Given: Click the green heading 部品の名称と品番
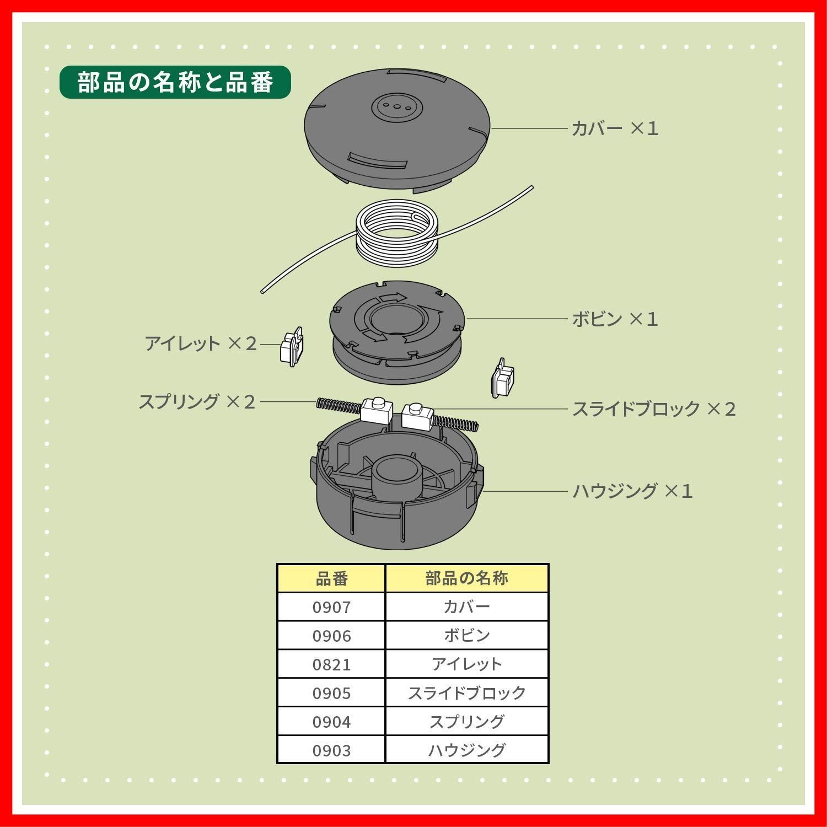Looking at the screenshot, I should (175, 82).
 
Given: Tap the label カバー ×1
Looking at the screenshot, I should (614, 128).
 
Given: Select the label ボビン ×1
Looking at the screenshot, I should (614, 319).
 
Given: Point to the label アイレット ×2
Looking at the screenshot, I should (201, 343).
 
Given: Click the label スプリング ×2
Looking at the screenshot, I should (197, 401).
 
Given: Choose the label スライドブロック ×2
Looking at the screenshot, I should (653, 409).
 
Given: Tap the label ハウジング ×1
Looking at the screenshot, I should (632, 491).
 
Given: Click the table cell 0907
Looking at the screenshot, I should (331, 607).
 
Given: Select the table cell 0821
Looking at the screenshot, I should (331, 664).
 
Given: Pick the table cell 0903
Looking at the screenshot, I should (331, 750).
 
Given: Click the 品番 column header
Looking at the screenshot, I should (331, 578).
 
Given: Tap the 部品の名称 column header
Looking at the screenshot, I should (466, 578).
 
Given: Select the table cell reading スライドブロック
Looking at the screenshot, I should (466, 693).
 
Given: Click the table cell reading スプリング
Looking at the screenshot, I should (466, 722).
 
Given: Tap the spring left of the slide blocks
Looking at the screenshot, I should (339, 406).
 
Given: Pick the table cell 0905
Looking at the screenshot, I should (331, 693).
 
